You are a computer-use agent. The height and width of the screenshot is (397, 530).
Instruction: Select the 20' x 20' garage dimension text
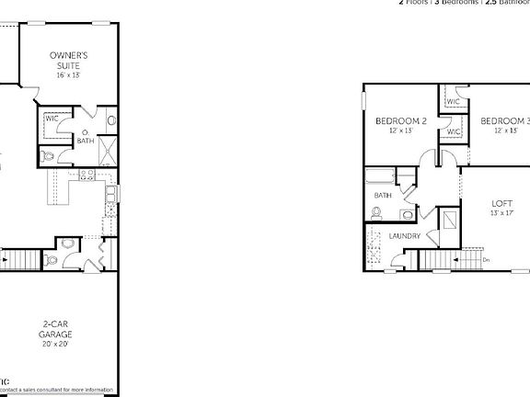point(56,344)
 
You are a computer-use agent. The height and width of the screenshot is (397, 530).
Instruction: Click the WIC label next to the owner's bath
point(52,119)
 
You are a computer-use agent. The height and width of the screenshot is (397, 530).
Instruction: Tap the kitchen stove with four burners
point(88,175)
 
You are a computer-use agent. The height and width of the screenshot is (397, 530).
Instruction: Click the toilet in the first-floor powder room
point(52,260)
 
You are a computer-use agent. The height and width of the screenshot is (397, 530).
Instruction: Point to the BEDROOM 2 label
point(400,120)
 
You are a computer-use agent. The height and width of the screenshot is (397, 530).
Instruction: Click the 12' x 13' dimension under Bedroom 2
point(400,130)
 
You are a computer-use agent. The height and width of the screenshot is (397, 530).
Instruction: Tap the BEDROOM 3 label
point(505,120)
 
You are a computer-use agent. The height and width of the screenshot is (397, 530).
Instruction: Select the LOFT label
point(501,203)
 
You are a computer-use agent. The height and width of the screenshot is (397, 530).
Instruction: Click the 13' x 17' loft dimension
point(501,213)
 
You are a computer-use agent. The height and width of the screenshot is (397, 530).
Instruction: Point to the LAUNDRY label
point(405,236)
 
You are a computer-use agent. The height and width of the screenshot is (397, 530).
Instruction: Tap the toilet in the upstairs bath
point(376,213)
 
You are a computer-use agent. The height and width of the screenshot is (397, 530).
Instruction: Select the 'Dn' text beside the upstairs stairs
point(486,260)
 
